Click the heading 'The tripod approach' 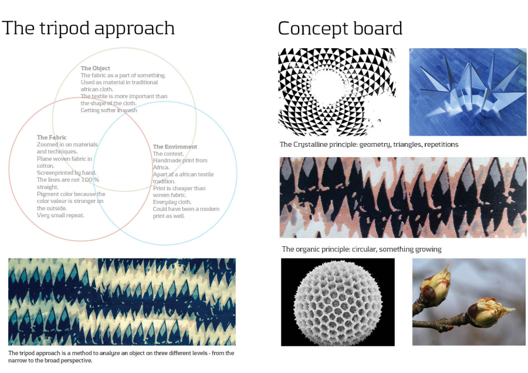88,28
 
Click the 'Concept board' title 340,28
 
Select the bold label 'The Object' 95,69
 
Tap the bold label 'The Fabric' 52,137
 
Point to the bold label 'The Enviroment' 175,147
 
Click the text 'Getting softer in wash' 109,110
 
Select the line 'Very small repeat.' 60,215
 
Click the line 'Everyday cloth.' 172,202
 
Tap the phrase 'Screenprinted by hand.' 67,172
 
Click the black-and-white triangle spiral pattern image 337,92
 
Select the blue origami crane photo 468,92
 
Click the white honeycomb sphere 338,301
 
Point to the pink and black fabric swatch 403,198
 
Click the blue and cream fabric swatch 122,301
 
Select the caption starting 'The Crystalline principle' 369,145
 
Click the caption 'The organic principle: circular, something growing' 361,249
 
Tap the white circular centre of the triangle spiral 327,87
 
